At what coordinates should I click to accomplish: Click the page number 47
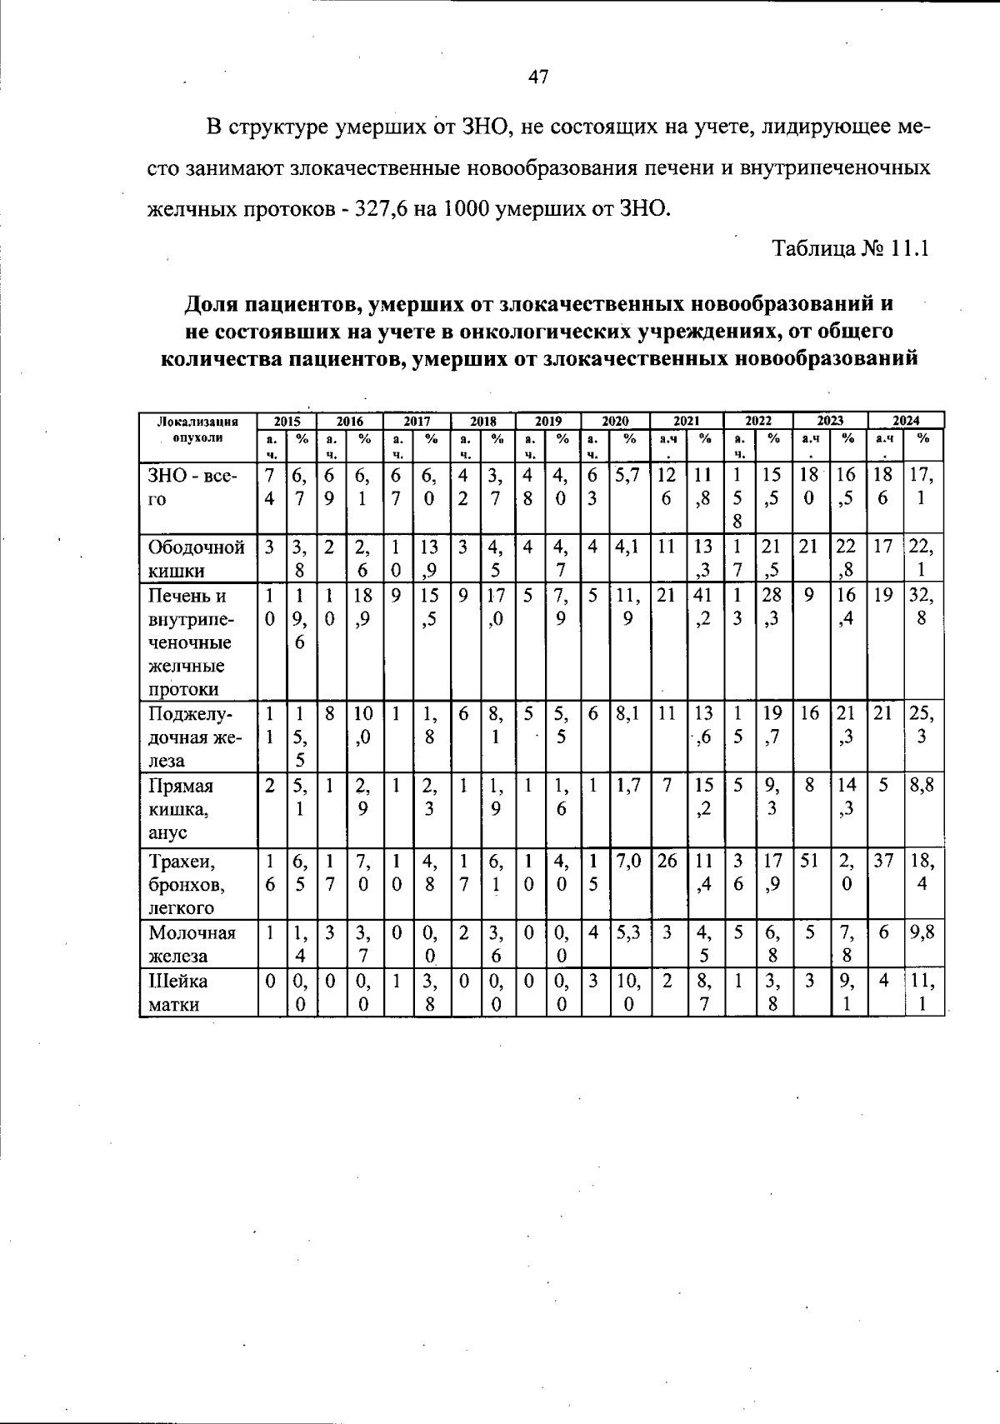[x=538, y=77]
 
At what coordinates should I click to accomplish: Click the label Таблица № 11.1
[x=850, y=248]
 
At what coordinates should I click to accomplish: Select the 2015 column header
[x=287, y=421]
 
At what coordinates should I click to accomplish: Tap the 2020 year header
[x=615, y=421]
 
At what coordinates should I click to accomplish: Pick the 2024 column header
[x=906, y=421]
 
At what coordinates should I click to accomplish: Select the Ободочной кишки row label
[x=197, y=558]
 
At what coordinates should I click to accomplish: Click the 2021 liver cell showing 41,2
[x=704, y=607]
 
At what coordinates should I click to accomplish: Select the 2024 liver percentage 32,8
[x=922, y=607]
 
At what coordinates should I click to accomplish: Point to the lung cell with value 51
[x=808, y=860]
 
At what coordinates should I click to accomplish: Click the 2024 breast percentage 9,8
[x=922, y=932]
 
